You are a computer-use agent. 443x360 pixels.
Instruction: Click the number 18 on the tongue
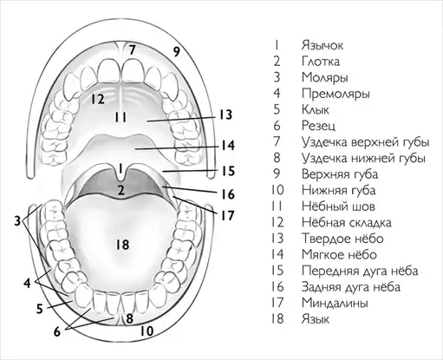[122, 245]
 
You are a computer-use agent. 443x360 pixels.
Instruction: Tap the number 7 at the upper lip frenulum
[132, 50]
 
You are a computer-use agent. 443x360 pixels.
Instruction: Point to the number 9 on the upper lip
[177, 51]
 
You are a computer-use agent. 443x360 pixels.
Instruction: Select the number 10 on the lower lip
[147, 331]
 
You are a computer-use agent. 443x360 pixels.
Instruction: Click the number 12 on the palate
[98, 99]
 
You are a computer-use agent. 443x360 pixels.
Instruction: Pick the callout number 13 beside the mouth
[225, 115]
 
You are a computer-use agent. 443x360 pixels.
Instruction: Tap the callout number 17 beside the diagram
[227, 215]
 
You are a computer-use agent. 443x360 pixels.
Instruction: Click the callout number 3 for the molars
[17, 221]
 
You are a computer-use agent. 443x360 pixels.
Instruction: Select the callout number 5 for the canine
[40, 309]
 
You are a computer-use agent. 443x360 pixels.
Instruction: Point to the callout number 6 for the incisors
[57, 331]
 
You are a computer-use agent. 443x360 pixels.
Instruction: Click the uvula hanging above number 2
[121, 173]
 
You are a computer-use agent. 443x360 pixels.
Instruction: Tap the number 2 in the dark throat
[121, 190]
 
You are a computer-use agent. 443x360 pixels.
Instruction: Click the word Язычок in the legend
[322, 45]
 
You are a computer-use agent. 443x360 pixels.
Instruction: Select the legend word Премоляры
[336, 94]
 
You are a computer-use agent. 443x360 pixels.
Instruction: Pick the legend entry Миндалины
[335, 303]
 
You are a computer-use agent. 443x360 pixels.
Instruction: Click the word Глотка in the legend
[321, 62]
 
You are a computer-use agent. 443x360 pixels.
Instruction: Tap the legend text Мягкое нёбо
[339, 255]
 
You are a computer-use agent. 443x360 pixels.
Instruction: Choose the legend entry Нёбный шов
[338, 206]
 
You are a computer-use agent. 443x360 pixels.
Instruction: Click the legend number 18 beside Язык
[277, 319]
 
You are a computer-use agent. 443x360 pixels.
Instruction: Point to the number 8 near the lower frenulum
[129, 318]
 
